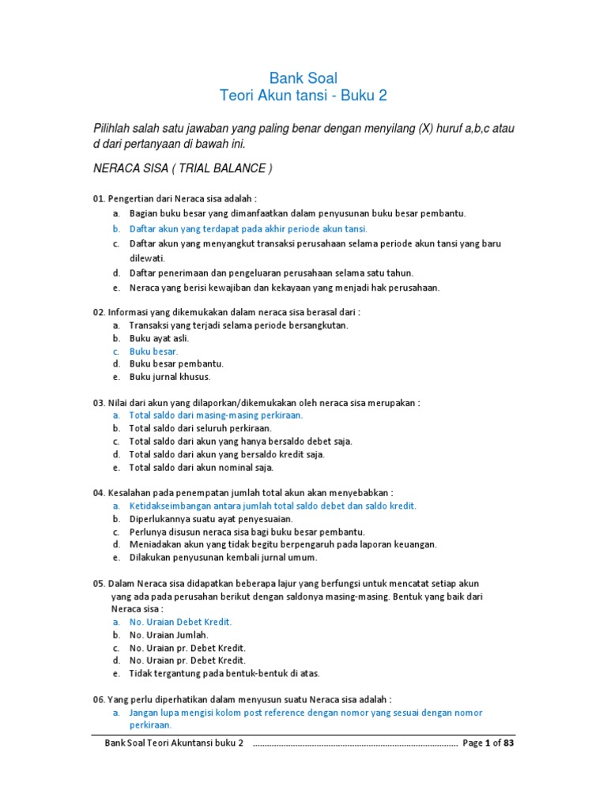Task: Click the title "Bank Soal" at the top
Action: tap(303, 77)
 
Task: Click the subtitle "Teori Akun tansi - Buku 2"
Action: tap(303, 96)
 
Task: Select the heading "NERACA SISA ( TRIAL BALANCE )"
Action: tap(183, 169)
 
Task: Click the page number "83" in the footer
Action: tap(508, 743)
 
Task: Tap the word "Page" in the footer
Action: tap(472, 743)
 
